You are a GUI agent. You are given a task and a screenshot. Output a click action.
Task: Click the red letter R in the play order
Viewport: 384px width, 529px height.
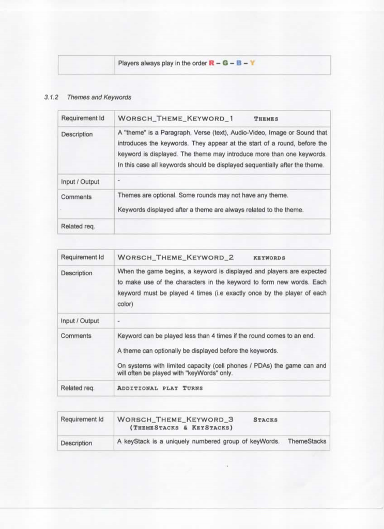[211, 64]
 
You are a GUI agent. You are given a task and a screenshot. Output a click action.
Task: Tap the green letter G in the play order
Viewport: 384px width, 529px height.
[225, 64]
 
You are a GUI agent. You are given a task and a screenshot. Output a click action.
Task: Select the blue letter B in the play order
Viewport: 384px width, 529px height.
[239, 64]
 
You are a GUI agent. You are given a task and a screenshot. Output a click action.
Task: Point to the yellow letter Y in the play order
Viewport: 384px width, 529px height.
[252, 64]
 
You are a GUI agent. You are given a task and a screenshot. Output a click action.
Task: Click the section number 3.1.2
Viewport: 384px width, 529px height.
[52, 97]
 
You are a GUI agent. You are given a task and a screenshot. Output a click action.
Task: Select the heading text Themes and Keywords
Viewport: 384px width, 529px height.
[99, 97]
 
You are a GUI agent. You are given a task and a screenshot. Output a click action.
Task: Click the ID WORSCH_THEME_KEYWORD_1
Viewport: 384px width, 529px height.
[176, 118]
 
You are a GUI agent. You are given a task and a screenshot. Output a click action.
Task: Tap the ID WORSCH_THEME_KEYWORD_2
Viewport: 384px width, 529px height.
[176, 257]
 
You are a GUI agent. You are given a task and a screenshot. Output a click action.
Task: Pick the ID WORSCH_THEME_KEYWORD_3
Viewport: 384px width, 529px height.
[176, 419]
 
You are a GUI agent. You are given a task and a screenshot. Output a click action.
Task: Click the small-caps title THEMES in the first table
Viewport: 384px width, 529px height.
[267, 119]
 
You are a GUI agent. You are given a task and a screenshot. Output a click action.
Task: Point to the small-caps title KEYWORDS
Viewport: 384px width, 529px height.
[269, 258]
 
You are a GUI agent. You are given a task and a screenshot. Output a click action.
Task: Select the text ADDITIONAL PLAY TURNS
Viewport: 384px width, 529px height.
[160, 388]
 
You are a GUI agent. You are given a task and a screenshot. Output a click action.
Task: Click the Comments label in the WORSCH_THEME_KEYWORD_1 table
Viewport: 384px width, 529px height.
[76, 197]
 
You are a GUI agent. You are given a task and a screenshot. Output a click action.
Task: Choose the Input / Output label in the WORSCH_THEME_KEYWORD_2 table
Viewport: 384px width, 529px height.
[80, 321]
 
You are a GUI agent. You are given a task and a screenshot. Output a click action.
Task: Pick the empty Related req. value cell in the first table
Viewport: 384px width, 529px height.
[222, 226]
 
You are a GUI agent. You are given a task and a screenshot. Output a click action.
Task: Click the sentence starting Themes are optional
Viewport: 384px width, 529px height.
[203, 195]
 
